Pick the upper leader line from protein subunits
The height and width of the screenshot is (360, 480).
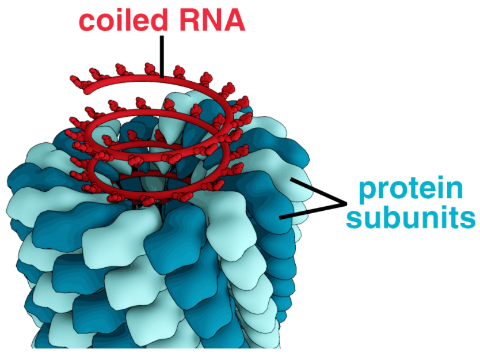click(317, 191)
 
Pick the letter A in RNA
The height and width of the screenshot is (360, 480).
click(233, 20)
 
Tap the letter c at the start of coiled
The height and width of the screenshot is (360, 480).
click(87, 22)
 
